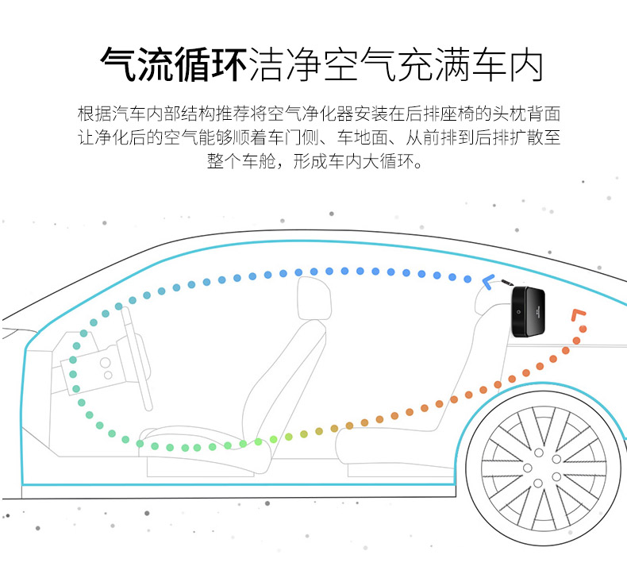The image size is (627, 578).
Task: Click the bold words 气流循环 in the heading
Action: coord(174,64)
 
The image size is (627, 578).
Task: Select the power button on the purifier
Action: coord(517,312)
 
